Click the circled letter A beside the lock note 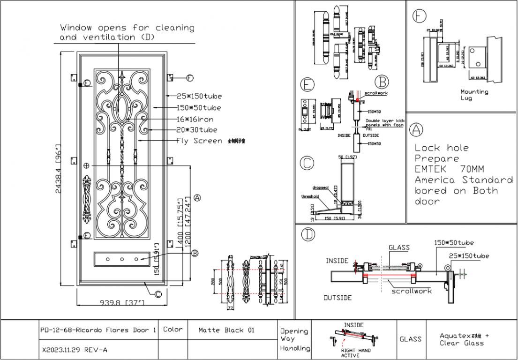[415, 128]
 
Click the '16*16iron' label [195, 119]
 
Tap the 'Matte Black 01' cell [226, 330]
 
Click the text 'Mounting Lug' [474, 95]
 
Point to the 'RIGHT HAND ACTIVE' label [356, 352]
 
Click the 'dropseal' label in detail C [322, 187]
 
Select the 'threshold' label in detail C [310, 196]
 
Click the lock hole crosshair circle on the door [86, 165]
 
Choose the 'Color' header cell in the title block [173, 330]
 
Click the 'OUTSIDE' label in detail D [338, 298]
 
